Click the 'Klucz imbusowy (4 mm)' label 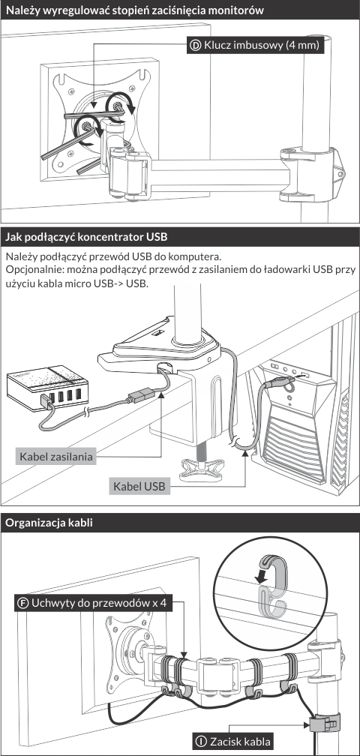tap(255, 46)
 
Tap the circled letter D tap(196, 46)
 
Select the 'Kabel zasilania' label tap(55, 456)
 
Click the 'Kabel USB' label tap(139, 486)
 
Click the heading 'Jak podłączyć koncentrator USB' tap(86, 237)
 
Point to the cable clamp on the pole tap(324, 721)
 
